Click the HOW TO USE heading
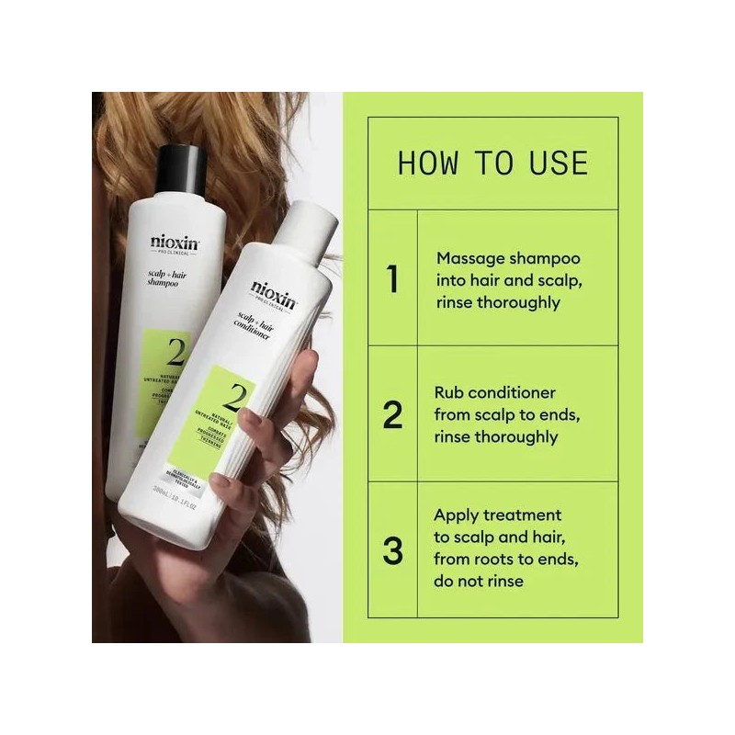click(492, 163)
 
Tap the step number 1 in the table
click(392, 279)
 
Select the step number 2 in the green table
click(392, 415)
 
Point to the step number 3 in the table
click(392, 551)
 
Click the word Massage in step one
click(469, 259)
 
